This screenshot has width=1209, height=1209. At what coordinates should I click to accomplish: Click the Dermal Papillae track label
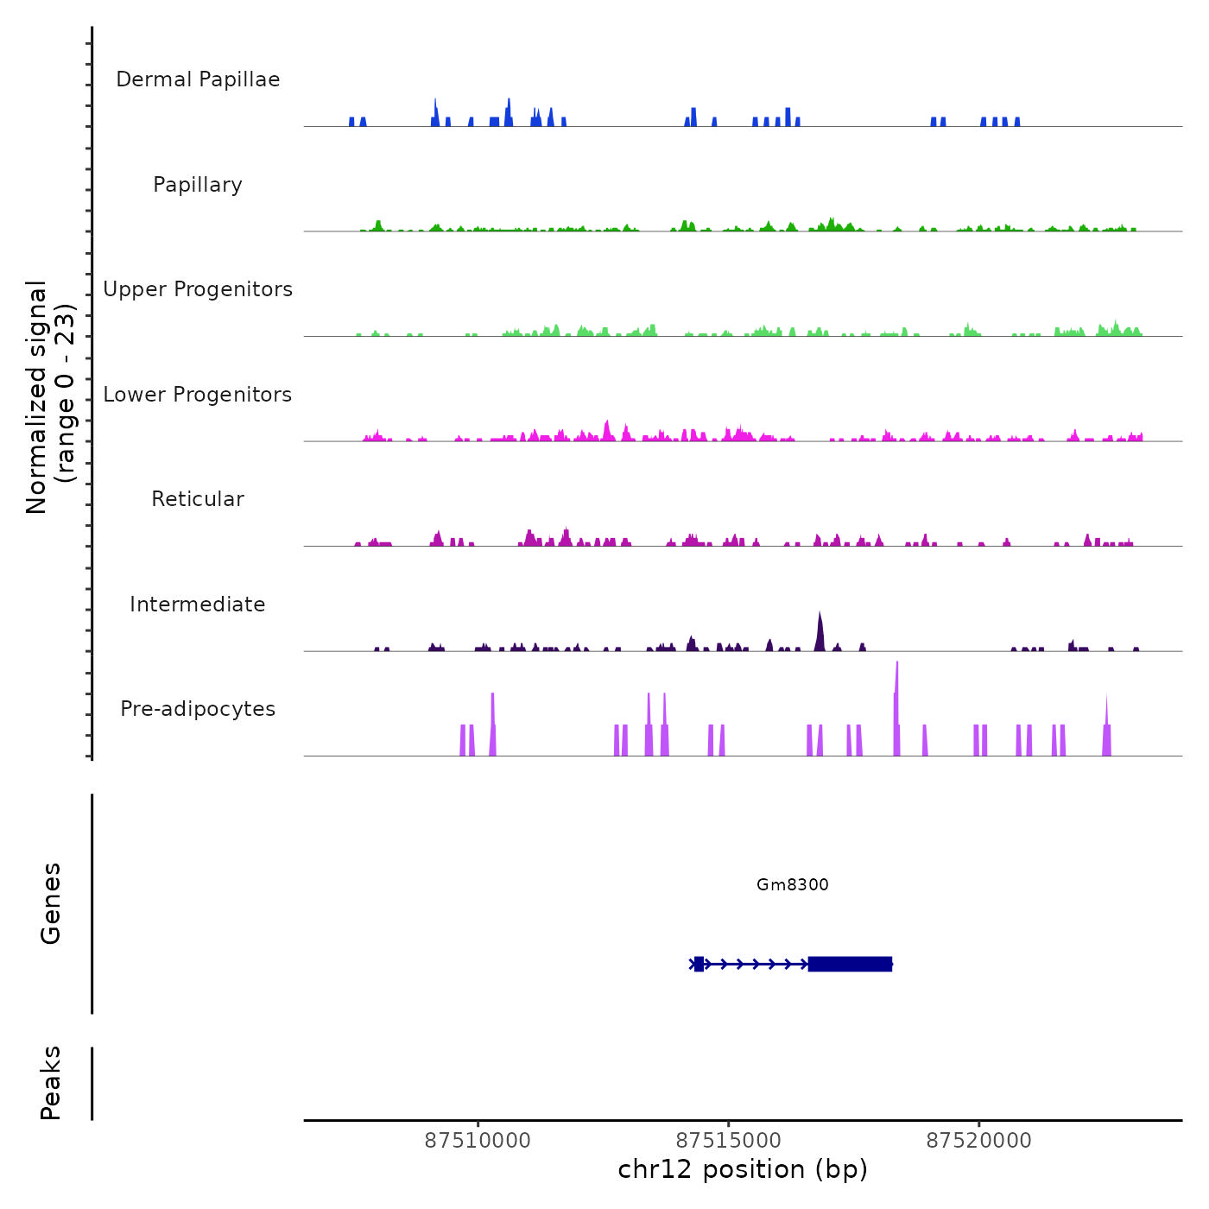[x=198, y=79]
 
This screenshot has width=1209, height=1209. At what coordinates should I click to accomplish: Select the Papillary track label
[x=198, y=185]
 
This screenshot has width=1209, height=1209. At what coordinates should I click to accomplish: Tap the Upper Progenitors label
[x=198, y=289]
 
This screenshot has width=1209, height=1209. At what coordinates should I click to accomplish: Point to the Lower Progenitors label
[x=198, y=395]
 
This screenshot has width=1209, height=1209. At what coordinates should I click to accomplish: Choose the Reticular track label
[x=198, y=499]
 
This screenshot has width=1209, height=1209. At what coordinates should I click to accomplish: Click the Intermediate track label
[x=198, y=604]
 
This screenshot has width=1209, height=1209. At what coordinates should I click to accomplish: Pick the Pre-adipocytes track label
[x=198, y=709]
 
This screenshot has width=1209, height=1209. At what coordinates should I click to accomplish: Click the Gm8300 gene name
[x=792, y=884]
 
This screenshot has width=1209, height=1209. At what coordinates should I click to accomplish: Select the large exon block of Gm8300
[x=850, y=964]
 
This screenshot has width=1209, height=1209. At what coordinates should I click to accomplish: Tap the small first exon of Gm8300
[x=699, y=964]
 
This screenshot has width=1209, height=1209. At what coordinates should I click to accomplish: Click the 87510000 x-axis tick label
[x=478, y=1141]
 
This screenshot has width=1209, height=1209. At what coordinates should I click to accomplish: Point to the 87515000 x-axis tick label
[x=728, y=1141]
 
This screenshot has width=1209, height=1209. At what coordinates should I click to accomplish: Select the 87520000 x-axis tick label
[x=978, y=1141]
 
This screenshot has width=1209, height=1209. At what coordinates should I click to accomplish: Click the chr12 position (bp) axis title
[x=743, y=1169]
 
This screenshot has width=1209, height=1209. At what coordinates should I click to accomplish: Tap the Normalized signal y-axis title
[x=50, y=396]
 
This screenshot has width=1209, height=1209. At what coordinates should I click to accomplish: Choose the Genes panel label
[x=51, y=902]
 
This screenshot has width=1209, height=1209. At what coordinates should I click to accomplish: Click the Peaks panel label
[x=51, y=1083]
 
